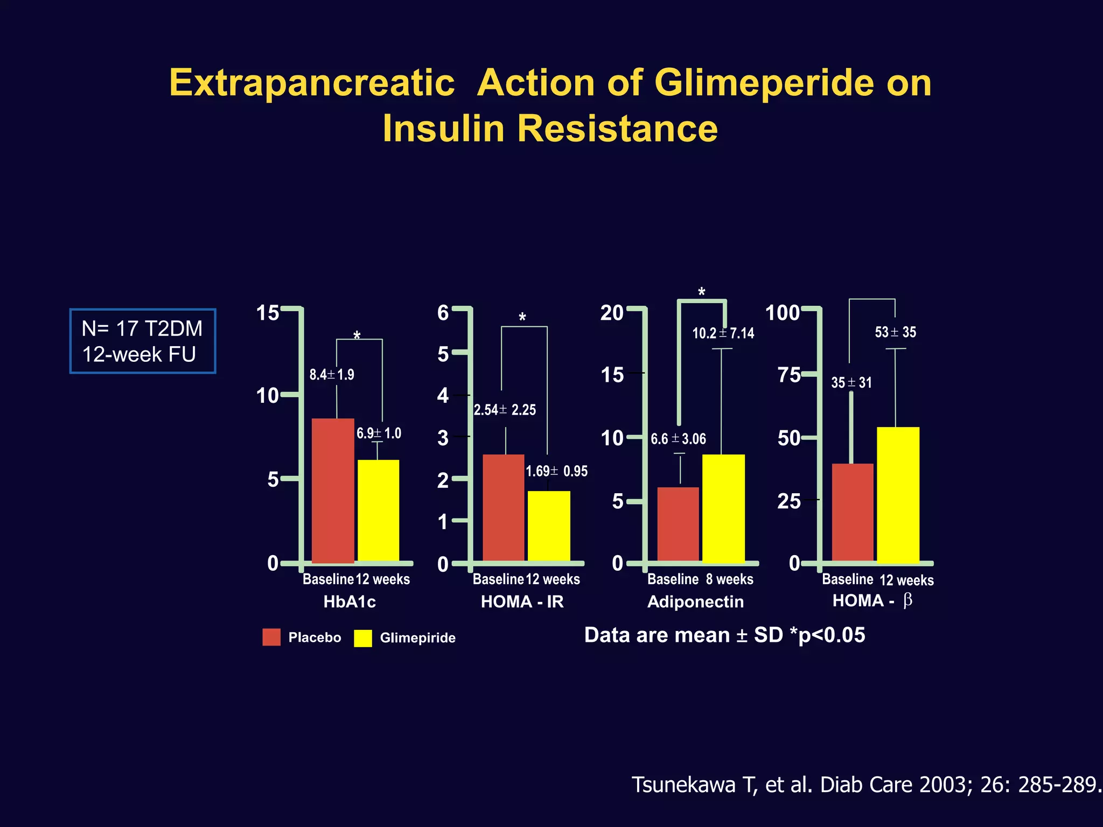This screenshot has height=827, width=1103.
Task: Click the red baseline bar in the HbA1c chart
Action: [x=333, y=490]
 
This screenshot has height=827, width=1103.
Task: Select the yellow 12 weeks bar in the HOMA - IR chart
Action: [x=549, y=526]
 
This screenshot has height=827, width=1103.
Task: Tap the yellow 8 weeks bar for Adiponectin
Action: [x=723, y=508]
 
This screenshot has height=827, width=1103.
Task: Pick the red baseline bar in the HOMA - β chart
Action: [x=852, y=513]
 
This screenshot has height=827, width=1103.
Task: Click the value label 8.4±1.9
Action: [x=331, y=375]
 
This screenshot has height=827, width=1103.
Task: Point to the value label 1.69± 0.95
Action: [x=556, y=472]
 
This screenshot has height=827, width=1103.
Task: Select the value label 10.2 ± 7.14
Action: [x=723, y=333]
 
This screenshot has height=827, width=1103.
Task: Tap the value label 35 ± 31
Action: [x=851, y=383]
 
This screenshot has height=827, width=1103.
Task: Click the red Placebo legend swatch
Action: [x=271, y=637]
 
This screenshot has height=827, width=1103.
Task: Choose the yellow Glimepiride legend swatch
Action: [x=363, y=638]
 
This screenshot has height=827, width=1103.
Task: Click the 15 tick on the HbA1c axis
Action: [x=268, y=313]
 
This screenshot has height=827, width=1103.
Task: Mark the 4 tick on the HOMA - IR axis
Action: [x=443, y=396]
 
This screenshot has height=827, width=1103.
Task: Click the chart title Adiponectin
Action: [x=695, y=602]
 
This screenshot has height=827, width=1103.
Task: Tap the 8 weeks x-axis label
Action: [x=729, y=579]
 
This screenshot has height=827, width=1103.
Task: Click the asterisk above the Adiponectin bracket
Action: [x=701, y=292]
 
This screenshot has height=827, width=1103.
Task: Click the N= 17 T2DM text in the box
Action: [x=142, y=328]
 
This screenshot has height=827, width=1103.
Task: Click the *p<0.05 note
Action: [x=827, y=635]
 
